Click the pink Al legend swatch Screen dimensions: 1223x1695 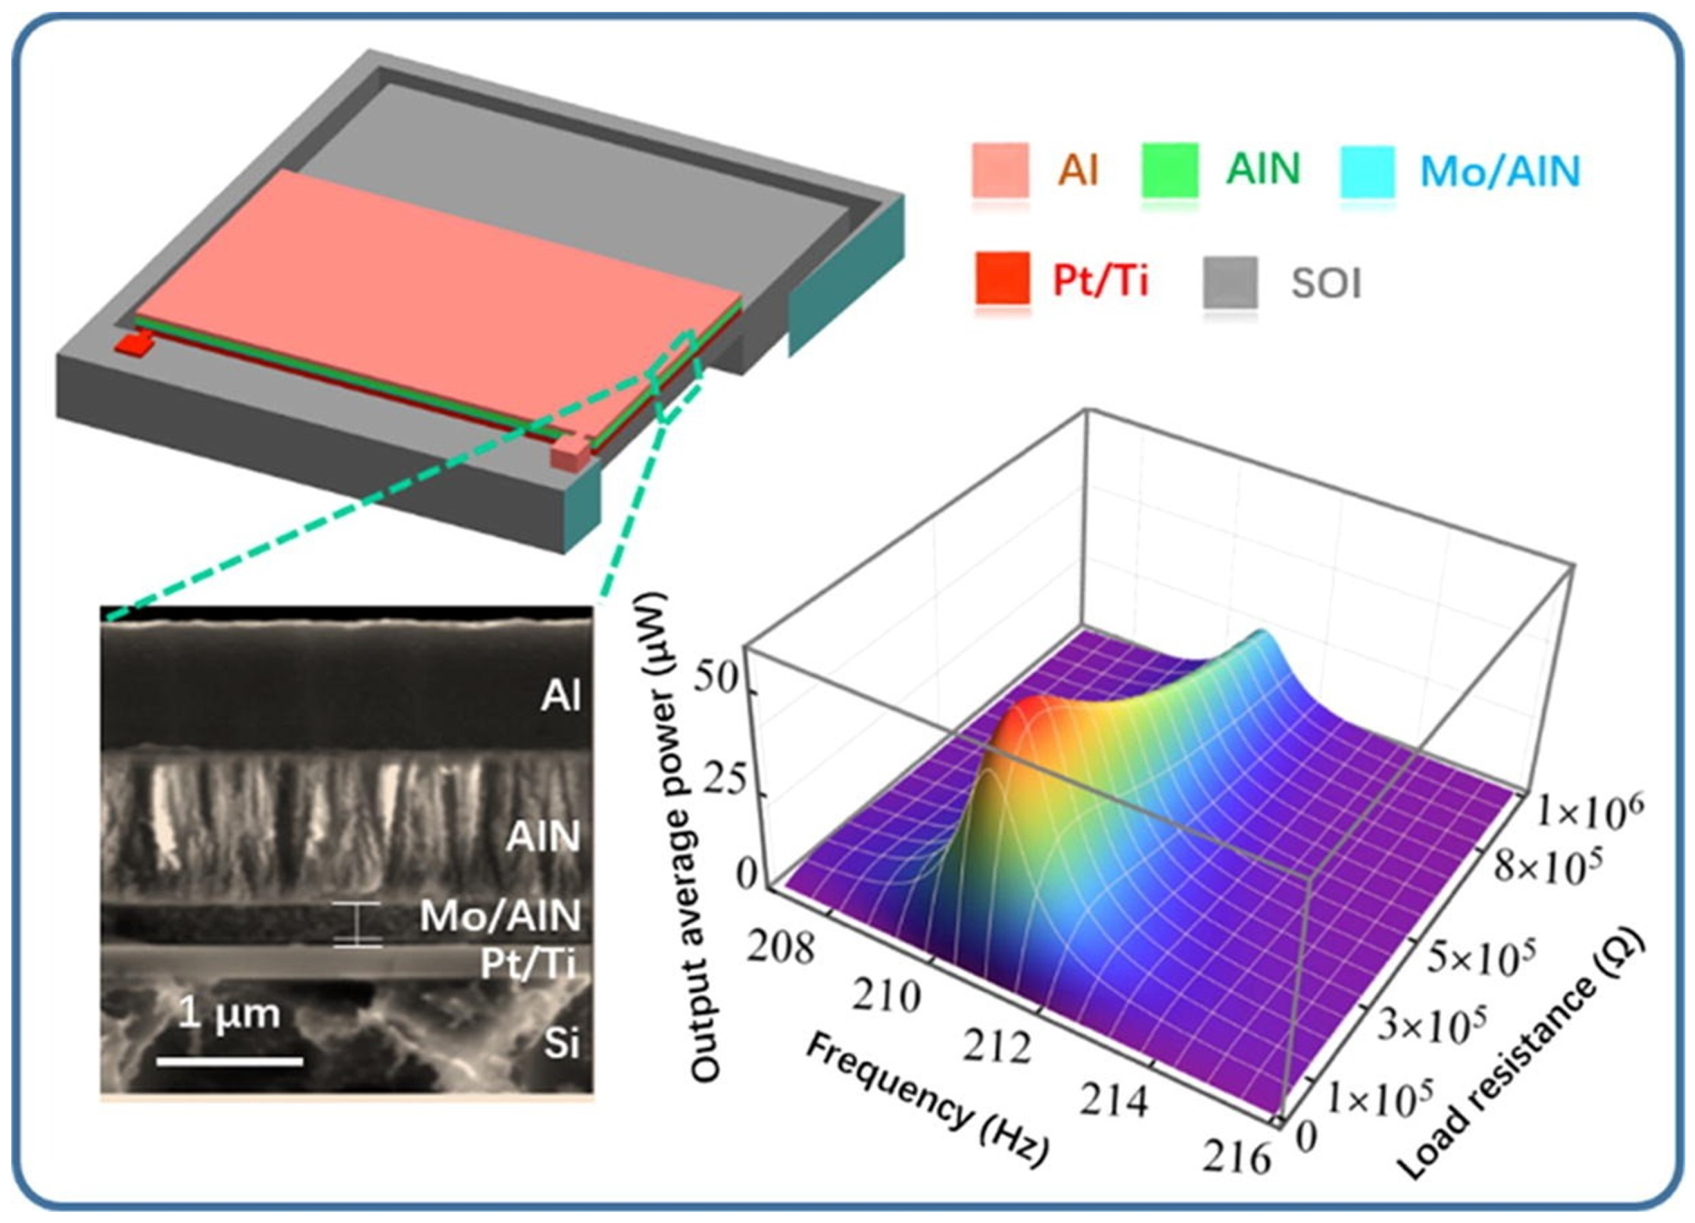(999, 170)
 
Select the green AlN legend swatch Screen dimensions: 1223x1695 (1169, 170)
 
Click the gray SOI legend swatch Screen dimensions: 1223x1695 (1229, 282)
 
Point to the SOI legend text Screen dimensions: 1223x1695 (1327, 284)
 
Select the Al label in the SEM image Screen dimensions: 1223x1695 (561, 696)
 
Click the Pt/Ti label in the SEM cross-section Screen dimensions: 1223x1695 (528, 964)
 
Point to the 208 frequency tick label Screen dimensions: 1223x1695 (782, 947)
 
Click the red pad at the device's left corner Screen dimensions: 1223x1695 (134, 344)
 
